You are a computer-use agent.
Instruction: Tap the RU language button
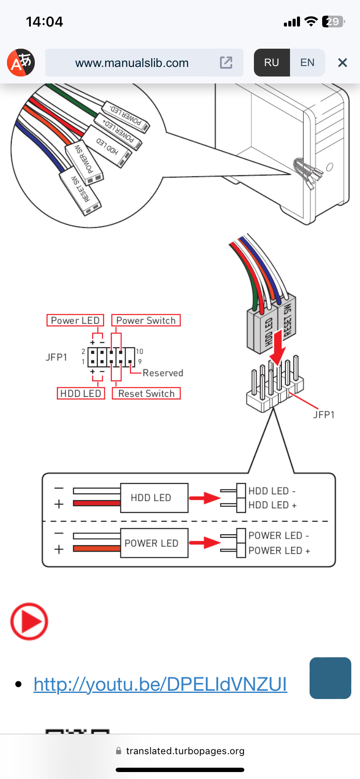point(272,63)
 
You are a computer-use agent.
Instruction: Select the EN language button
point(307,63)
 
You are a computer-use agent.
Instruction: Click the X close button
point(343,63)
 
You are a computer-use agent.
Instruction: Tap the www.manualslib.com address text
point(132,63)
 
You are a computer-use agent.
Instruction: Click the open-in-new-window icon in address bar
point(226,63)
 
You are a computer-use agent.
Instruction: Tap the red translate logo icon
point(21,63)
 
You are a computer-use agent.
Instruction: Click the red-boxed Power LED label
point(75,320)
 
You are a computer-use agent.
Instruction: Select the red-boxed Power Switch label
point(146,320)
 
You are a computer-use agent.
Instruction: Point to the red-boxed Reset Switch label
point(146,393)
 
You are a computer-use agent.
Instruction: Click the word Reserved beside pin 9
point(163,373)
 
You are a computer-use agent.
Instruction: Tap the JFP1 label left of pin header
point(57,357)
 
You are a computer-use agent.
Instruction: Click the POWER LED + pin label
point(279,551)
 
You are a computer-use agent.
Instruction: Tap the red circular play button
point(29,621)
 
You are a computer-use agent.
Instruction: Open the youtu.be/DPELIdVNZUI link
point(160,684)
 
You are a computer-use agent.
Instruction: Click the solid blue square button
point(330,678)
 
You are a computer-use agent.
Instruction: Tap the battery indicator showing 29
point(333,22)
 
